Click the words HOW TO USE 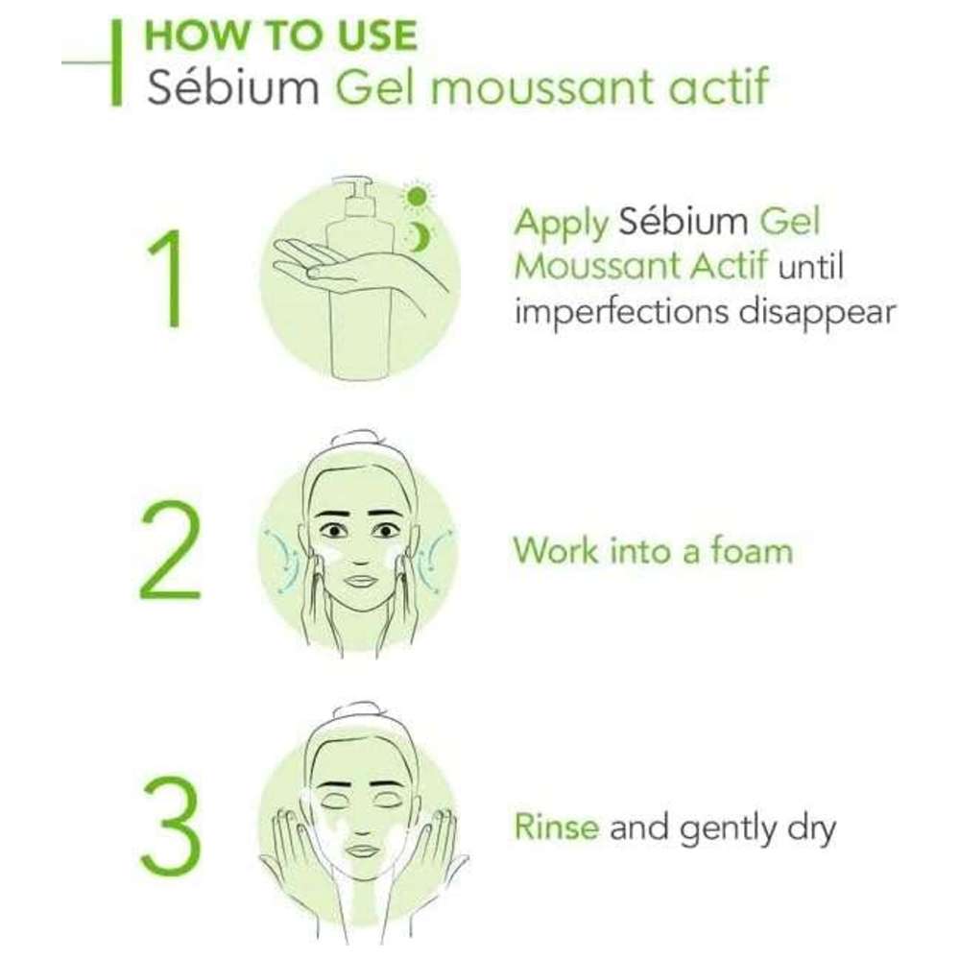click(x=280, y=36)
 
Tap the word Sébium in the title click(x=232, y=87)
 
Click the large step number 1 click(x=166, y=278)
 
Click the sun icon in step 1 click(x=417, y=197)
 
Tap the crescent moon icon click(x=419, y=237)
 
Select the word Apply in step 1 click(x=562, y=223)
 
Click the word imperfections click(x=621, y=312)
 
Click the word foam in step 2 click(x=752, y=550)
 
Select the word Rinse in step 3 click(x=557, y=827)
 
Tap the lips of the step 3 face click(x=363, y=851)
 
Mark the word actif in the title click(x=718, y=87)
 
